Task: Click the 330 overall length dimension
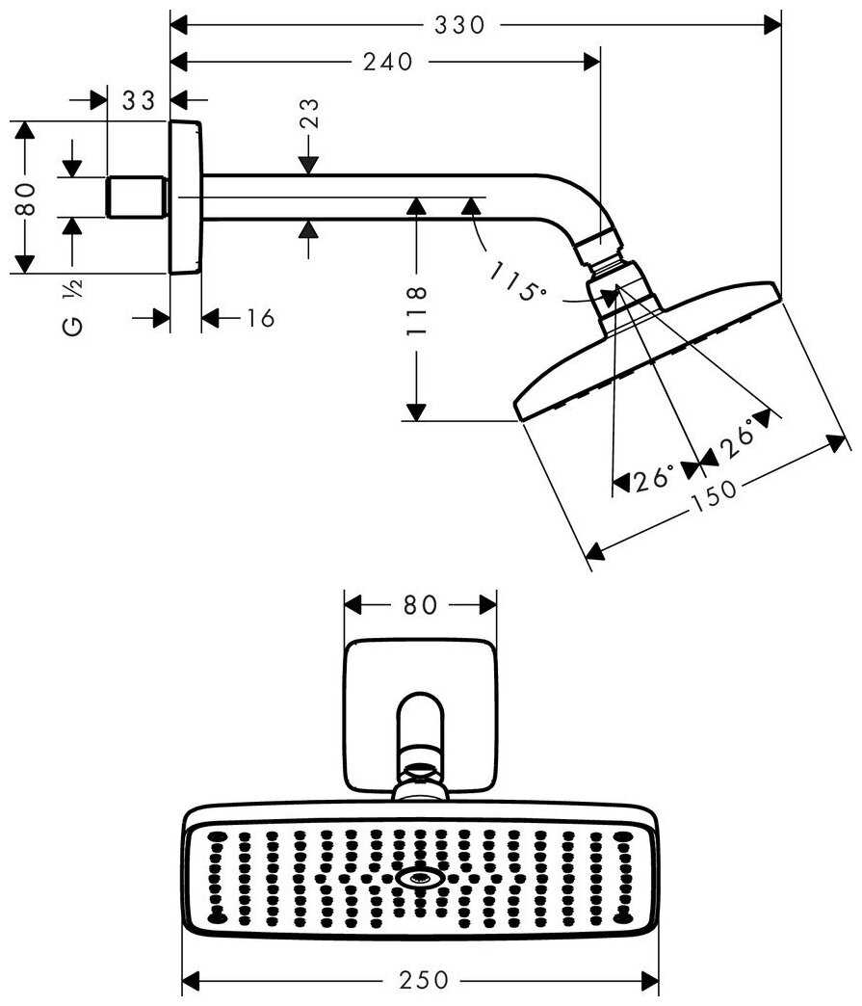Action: tap(458, 25)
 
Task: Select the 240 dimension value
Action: tap(388, 63)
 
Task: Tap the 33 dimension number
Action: tap(140, 100)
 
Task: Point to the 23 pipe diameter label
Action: tap(310, 115)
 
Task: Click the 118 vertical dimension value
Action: tap(416, 310)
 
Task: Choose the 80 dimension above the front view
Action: tap(420, 605)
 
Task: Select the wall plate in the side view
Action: tap(185, 198)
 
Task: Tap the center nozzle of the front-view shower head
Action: tap(420, 878)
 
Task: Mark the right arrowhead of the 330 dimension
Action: tap(772, 25)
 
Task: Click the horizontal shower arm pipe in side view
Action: tap(366, 198)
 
